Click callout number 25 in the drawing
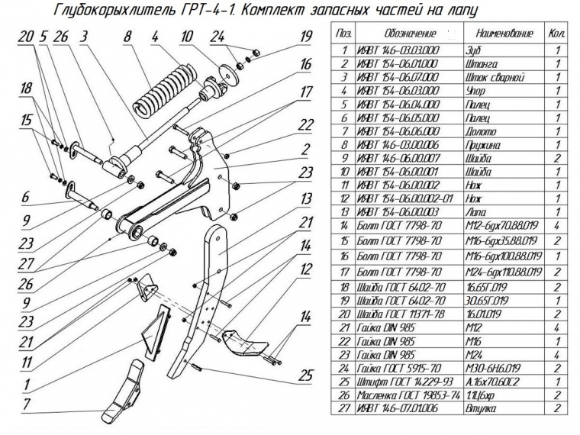306,375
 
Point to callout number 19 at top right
307,36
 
